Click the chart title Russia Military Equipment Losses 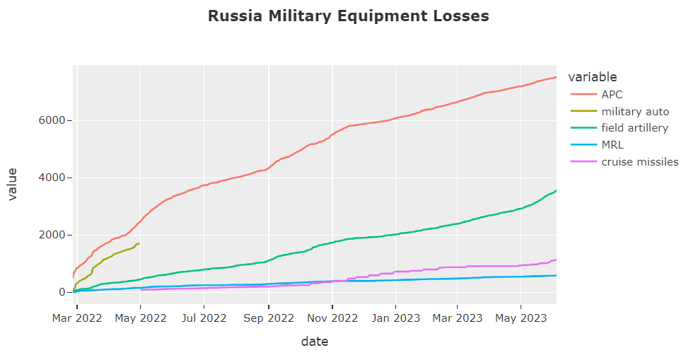(x=348, y=16)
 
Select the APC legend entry (x=612, y=94)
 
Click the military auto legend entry (x=635, y=111)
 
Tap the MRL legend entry (x=612, y=145)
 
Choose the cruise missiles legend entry (x=639, y=162)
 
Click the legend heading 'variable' (x=593, y=77)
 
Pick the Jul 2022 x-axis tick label (x=204, y=318)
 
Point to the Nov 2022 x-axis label (x=332, y=318)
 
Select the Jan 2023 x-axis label (x=395, y=318)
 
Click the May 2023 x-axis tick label (x=521, y=318)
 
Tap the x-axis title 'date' (x=315, y=342)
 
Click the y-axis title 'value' (x=13, y=185)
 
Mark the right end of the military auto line (x=139, y=243)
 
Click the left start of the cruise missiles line (x=141, y=290)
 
